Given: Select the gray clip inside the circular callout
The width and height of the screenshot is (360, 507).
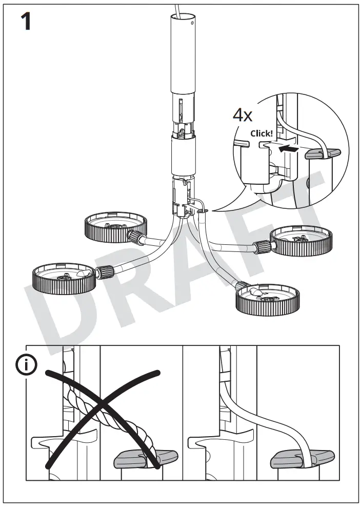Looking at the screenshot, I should tap(322, 153).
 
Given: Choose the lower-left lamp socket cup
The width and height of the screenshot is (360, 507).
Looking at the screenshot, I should tap(64, 277).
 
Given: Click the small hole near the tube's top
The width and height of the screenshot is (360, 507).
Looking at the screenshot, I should tap(192, 22).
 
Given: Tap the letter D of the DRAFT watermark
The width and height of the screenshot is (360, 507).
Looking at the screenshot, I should tap(67, 303).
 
